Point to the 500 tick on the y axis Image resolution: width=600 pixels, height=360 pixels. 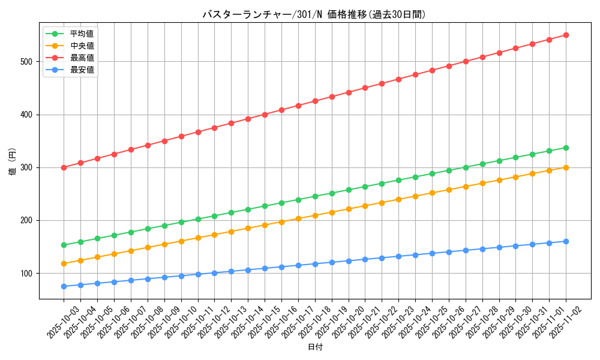click(x=28, y=61)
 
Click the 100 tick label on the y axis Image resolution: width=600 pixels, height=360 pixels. click(x=28, y=273)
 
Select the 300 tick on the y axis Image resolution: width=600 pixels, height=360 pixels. click(x=28, y=167)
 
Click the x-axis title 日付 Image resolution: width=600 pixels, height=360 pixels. click(x=315, y=347)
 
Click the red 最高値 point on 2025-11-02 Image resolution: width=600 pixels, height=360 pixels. click(x=566, y=35)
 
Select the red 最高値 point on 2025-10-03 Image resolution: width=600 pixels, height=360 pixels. click(x=64, y=167)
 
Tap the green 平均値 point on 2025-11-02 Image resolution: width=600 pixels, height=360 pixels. click(x=566, y=148)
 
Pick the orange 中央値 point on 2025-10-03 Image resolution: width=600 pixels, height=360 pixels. click(x=64, y=263)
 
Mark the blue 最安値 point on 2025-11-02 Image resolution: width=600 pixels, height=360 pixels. click(x=566, y=241)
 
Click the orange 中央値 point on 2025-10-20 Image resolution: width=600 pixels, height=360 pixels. click(x=349, y=209)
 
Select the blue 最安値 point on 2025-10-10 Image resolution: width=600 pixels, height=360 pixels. click(x=181, y=276)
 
